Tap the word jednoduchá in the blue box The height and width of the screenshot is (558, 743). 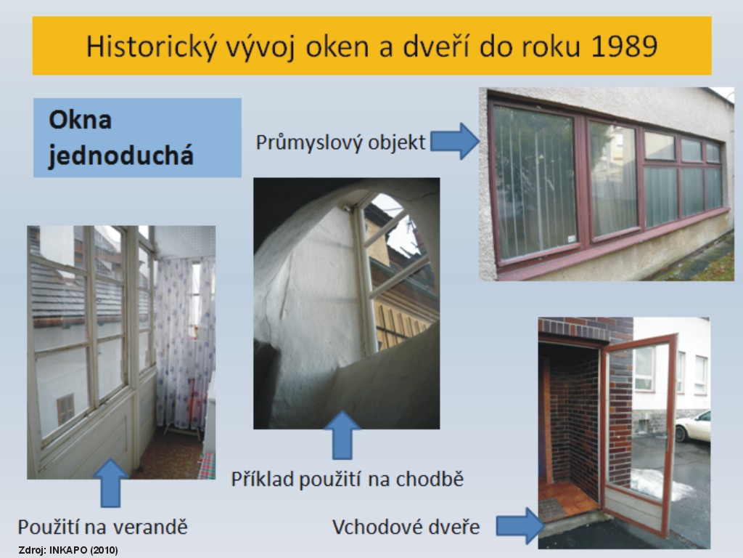(x=121, y=155)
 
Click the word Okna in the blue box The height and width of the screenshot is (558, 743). (x=80, y=120)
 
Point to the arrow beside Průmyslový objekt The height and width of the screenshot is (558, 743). (x=455, y=141)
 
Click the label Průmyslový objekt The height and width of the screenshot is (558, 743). (x=341, y=142)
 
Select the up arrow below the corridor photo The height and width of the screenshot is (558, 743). (x=342, y=435)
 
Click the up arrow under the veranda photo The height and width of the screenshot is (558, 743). (x=110, y=482)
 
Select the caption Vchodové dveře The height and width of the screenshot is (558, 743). (x=406, y=527)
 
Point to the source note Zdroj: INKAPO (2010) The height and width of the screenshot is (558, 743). (x=68, y=551)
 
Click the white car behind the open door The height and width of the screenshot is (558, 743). (x=693, y=427)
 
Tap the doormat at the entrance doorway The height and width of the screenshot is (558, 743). (x=551, y=509)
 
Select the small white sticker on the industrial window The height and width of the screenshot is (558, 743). (x=572, y=238)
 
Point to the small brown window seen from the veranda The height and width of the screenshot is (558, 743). (x=65, y=410)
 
